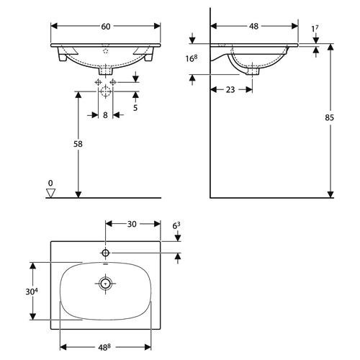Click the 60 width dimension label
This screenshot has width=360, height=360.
pos(106,27)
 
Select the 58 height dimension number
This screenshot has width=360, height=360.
pos(78,144)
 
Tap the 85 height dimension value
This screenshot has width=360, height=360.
pos(329,117)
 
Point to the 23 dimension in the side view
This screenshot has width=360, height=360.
pos(230,90)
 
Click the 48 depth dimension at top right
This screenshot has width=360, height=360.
pos(253,26)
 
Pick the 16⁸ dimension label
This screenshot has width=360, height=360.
pos(192,58)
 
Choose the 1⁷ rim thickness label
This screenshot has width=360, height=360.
pos(315,29)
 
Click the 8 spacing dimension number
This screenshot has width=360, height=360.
pos(105,115)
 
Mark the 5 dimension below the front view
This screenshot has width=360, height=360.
pos(135,108)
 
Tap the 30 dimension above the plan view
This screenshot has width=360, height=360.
pos(132,224)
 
